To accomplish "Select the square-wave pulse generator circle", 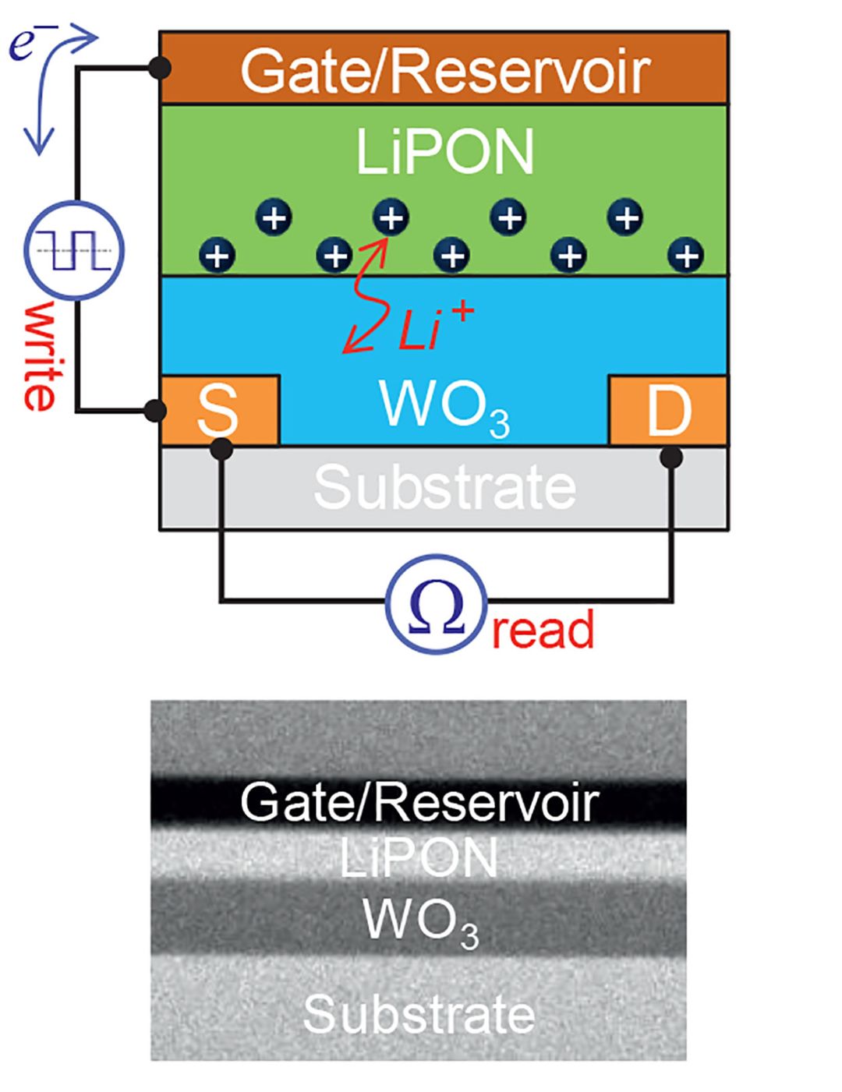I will tap(75, 251).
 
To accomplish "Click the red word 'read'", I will tap(543, 630).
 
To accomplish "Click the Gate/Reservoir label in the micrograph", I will tap(419, 802).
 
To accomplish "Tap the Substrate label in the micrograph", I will tap(419, 1015).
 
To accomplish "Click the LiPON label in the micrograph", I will tap(419, 859).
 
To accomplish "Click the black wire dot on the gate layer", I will tap(161, 69).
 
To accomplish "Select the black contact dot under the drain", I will tap(671, 458).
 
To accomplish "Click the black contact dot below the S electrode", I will tap(221, 448).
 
